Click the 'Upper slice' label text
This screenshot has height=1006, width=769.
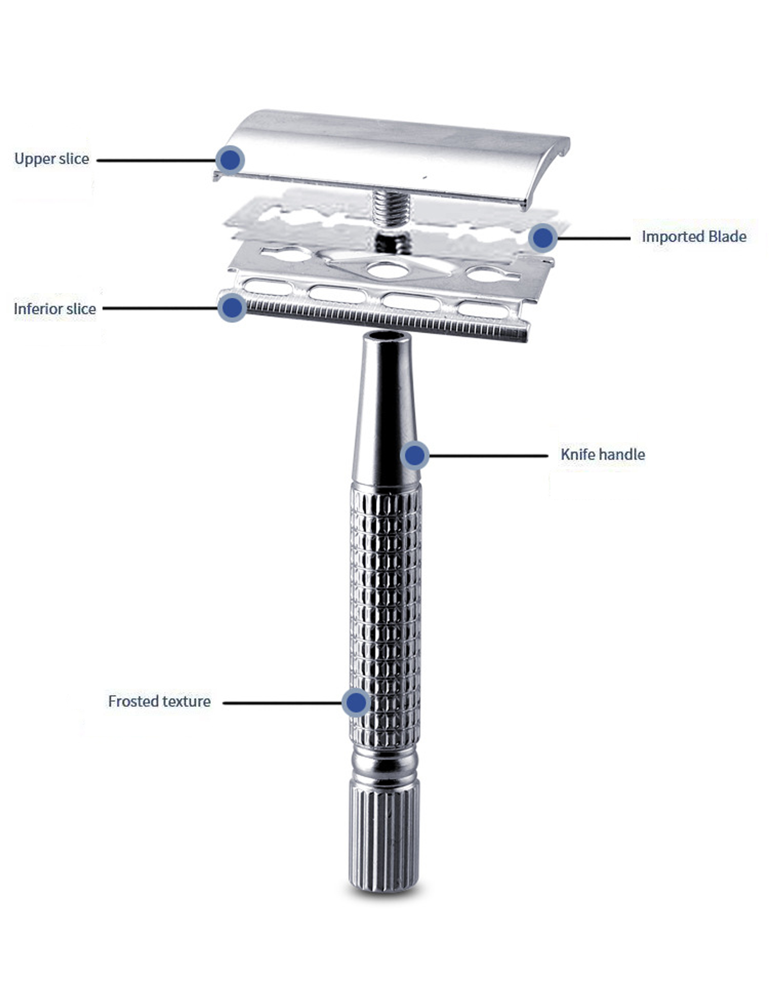52,159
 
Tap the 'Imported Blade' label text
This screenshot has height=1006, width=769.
694,237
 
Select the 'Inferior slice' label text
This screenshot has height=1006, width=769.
55,309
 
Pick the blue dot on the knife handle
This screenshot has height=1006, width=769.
415,455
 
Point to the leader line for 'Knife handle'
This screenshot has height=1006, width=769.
488,456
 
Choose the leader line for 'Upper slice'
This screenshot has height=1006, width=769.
156,160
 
